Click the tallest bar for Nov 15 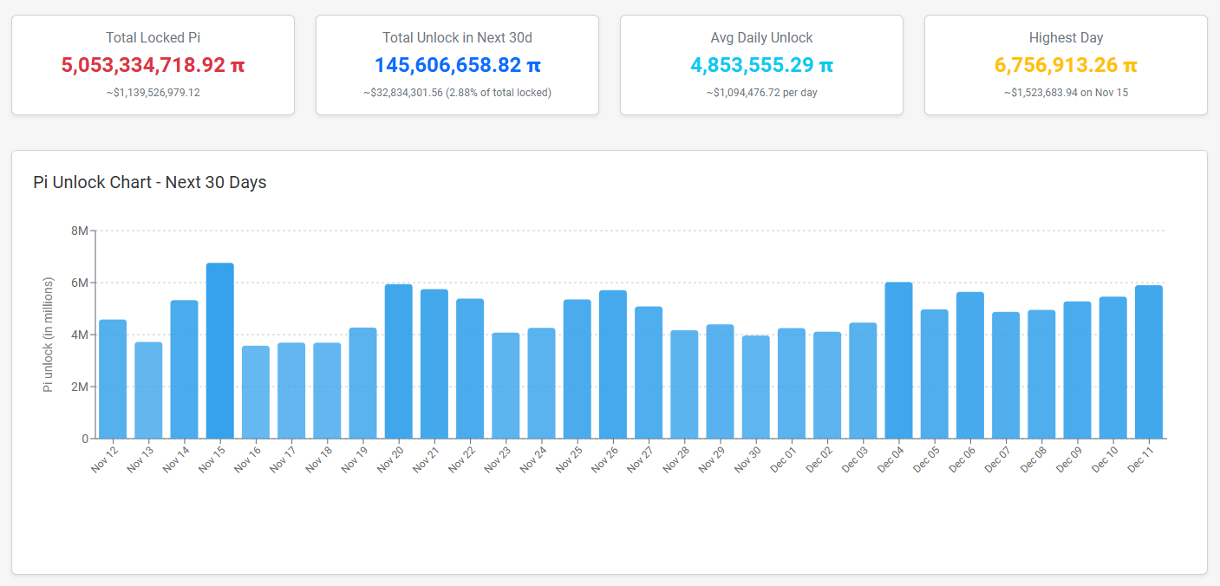[219, 351]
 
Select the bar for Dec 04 [898, 361]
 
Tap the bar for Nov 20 [399, 361]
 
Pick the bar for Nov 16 [256, 393]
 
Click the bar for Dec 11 [1148, 362]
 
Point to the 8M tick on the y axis [79, 231]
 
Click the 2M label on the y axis [79, 387]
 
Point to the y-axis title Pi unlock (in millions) [49, 335]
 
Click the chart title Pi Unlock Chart [149, 182]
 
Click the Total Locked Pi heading [153, 38]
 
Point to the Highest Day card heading [1066, 38]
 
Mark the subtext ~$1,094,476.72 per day [761, 92]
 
